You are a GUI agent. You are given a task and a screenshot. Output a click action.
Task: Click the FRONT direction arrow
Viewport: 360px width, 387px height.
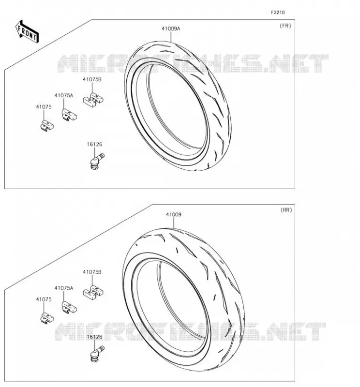coord(27,31)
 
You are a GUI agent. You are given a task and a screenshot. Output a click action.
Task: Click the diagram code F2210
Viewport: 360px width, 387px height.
coord(278,13)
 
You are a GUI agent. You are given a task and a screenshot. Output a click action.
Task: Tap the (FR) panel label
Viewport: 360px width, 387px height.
coord(285,26)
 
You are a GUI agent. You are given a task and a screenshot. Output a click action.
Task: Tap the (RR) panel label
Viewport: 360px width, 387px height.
coord(286,210)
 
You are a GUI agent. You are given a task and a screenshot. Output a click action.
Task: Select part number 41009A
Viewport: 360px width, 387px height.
coord(171,29)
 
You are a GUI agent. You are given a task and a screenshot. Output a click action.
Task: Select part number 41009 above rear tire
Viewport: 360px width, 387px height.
coord(174,214)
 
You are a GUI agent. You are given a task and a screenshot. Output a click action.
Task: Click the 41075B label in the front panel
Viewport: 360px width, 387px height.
coord(92,79)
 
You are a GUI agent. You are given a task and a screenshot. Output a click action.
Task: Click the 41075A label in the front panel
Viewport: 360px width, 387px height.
coord(64,95)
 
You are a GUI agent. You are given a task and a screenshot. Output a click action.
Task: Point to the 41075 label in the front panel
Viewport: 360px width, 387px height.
coord(44,107)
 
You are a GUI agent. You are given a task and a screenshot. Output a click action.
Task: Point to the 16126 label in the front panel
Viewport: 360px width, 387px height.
coord(94,144)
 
